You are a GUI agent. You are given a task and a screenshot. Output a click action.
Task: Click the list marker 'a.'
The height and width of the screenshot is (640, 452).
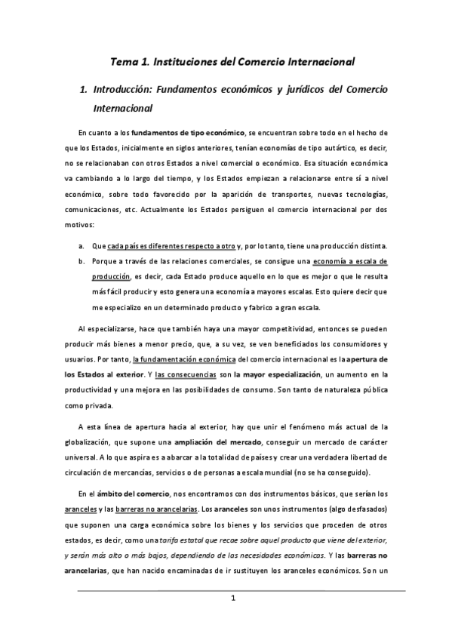pos(81,246)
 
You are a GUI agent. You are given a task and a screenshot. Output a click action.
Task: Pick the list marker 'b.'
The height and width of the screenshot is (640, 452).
pos(81,261)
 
